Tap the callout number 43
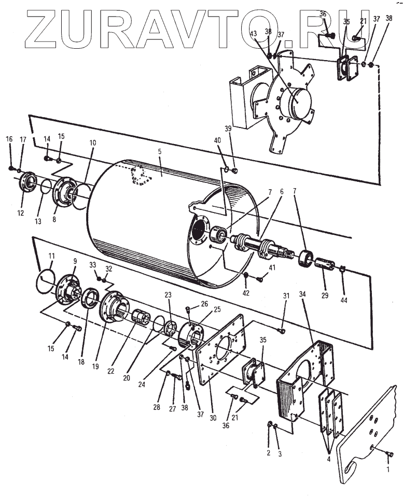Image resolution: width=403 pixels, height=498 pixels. click(254, 33)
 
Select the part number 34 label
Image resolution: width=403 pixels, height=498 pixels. click(303, 294)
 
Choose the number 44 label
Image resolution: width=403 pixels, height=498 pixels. click(344, 300)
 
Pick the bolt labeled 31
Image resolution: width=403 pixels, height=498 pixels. click(282, 330)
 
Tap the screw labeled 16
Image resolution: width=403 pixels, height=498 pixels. click(11, 167)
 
